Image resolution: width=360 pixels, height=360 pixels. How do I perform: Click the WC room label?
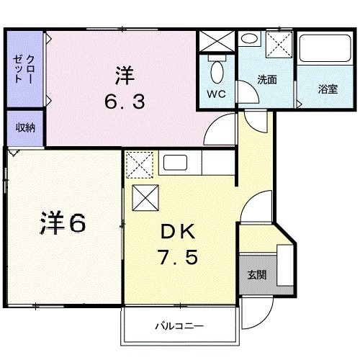(x=217, y=94)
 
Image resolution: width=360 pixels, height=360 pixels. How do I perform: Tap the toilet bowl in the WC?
(x=217, y=72)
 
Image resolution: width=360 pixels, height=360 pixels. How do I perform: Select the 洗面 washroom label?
(x=267, y=80)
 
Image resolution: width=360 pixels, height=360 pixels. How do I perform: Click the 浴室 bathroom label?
(x=328, y=89)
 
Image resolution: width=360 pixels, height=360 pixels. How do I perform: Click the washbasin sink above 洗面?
(x=249, y=40)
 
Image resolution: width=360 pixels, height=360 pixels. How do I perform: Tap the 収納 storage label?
(x=26, y=127)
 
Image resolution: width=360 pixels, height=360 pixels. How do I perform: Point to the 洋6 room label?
(x=63, y=223)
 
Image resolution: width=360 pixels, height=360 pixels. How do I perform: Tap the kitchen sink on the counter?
(x=176, y=163)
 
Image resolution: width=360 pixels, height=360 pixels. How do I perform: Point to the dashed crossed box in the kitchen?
(x=138, y=165)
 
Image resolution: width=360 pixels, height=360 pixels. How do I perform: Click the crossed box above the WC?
(x=217, y=42)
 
